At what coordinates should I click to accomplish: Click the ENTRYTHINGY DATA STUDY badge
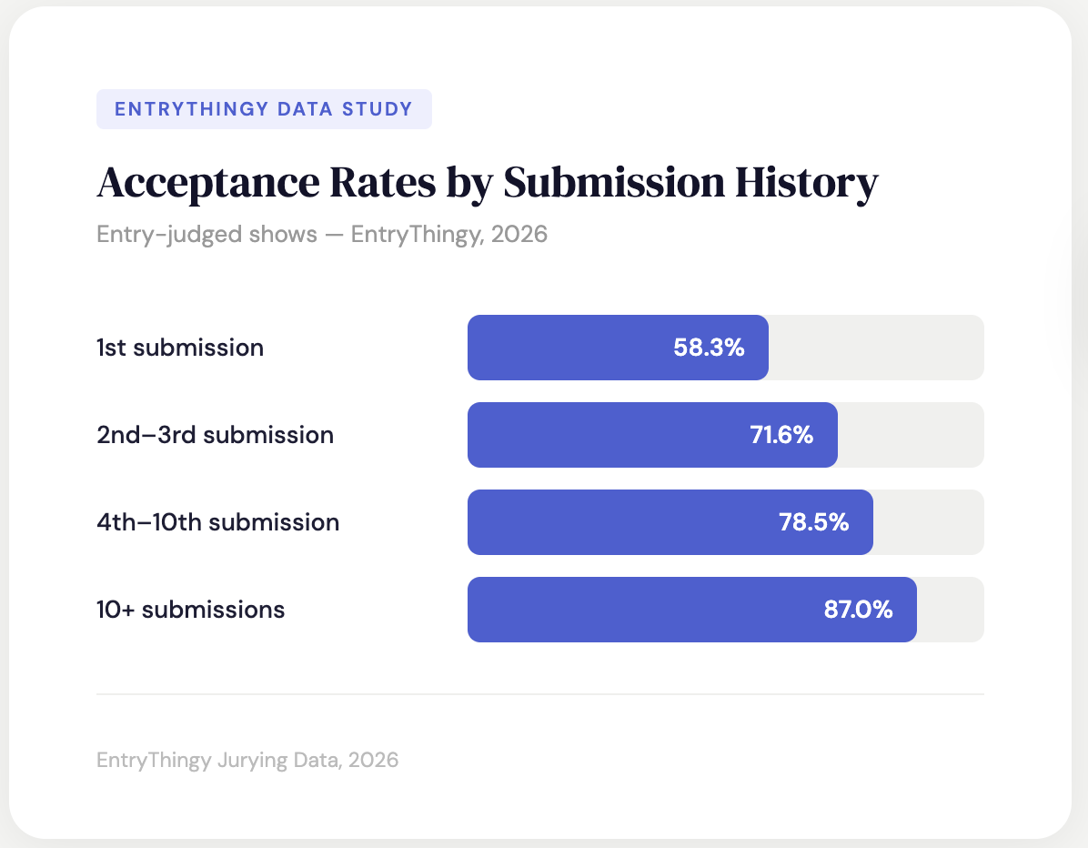coord(264,109)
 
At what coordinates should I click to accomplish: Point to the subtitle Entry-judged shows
coord(207,234)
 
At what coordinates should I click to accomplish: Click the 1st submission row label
coord(180,348)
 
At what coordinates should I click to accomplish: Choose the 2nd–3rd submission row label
coord(215,435)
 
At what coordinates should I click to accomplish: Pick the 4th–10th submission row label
coord(217,522)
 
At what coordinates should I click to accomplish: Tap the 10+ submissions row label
coord(190,610)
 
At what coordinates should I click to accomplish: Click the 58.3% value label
coord(709,348)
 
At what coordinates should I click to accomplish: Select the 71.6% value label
coord(781,435)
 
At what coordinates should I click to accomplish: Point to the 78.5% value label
coord(813,522)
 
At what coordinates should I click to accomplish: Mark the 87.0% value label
coord(858,610)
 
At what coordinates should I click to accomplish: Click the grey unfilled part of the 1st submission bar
coord(875,348)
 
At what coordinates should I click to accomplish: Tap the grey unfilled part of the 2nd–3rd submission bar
coord(910,435)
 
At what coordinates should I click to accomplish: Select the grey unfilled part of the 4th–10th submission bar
coord(928,522)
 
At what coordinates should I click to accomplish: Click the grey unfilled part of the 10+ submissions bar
coord(950,610)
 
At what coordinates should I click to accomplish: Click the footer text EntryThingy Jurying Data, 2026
coord(247,760)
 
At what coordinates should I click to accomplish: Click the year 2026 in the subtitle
coord(519,234)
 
